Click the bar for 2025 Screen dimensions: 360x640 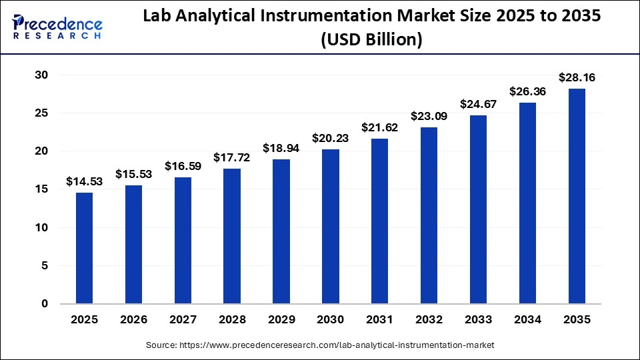pos(84,248)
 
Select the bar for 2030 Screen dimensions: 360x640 pos(331,226)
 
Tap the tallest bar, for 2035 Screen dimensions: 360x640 pos(577,196)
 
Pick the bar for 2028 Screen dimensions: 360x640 pos(232,236)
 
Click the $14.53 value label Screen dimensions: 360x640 pos(84,181)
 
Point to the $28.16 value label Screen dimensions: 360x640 pos(577,78)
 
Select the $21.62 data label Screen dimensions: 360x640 pos(379,127)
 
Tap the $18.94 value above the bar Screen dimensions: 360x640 pos(281,148)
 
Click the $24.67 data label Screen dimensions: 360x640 pos(478,104)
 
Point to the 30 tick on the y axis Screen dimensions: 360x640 pos(41,75)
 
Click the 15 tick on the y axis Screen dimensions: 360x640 pos(41,189)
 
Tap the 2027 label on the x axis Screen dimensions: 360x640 pos(183,320)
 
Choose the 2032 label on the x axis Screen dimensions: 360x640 pos(429,320)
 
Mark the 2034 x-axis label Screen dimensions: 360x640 pos(527,320)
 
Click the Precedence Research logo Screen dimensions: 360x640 pos(57,27)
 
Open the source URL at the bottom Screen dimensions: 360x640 pos(320,345)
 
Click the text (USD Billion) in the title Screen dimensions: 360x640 pos(371,40)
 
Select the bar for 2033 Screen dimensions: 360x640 pos(478,209)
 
